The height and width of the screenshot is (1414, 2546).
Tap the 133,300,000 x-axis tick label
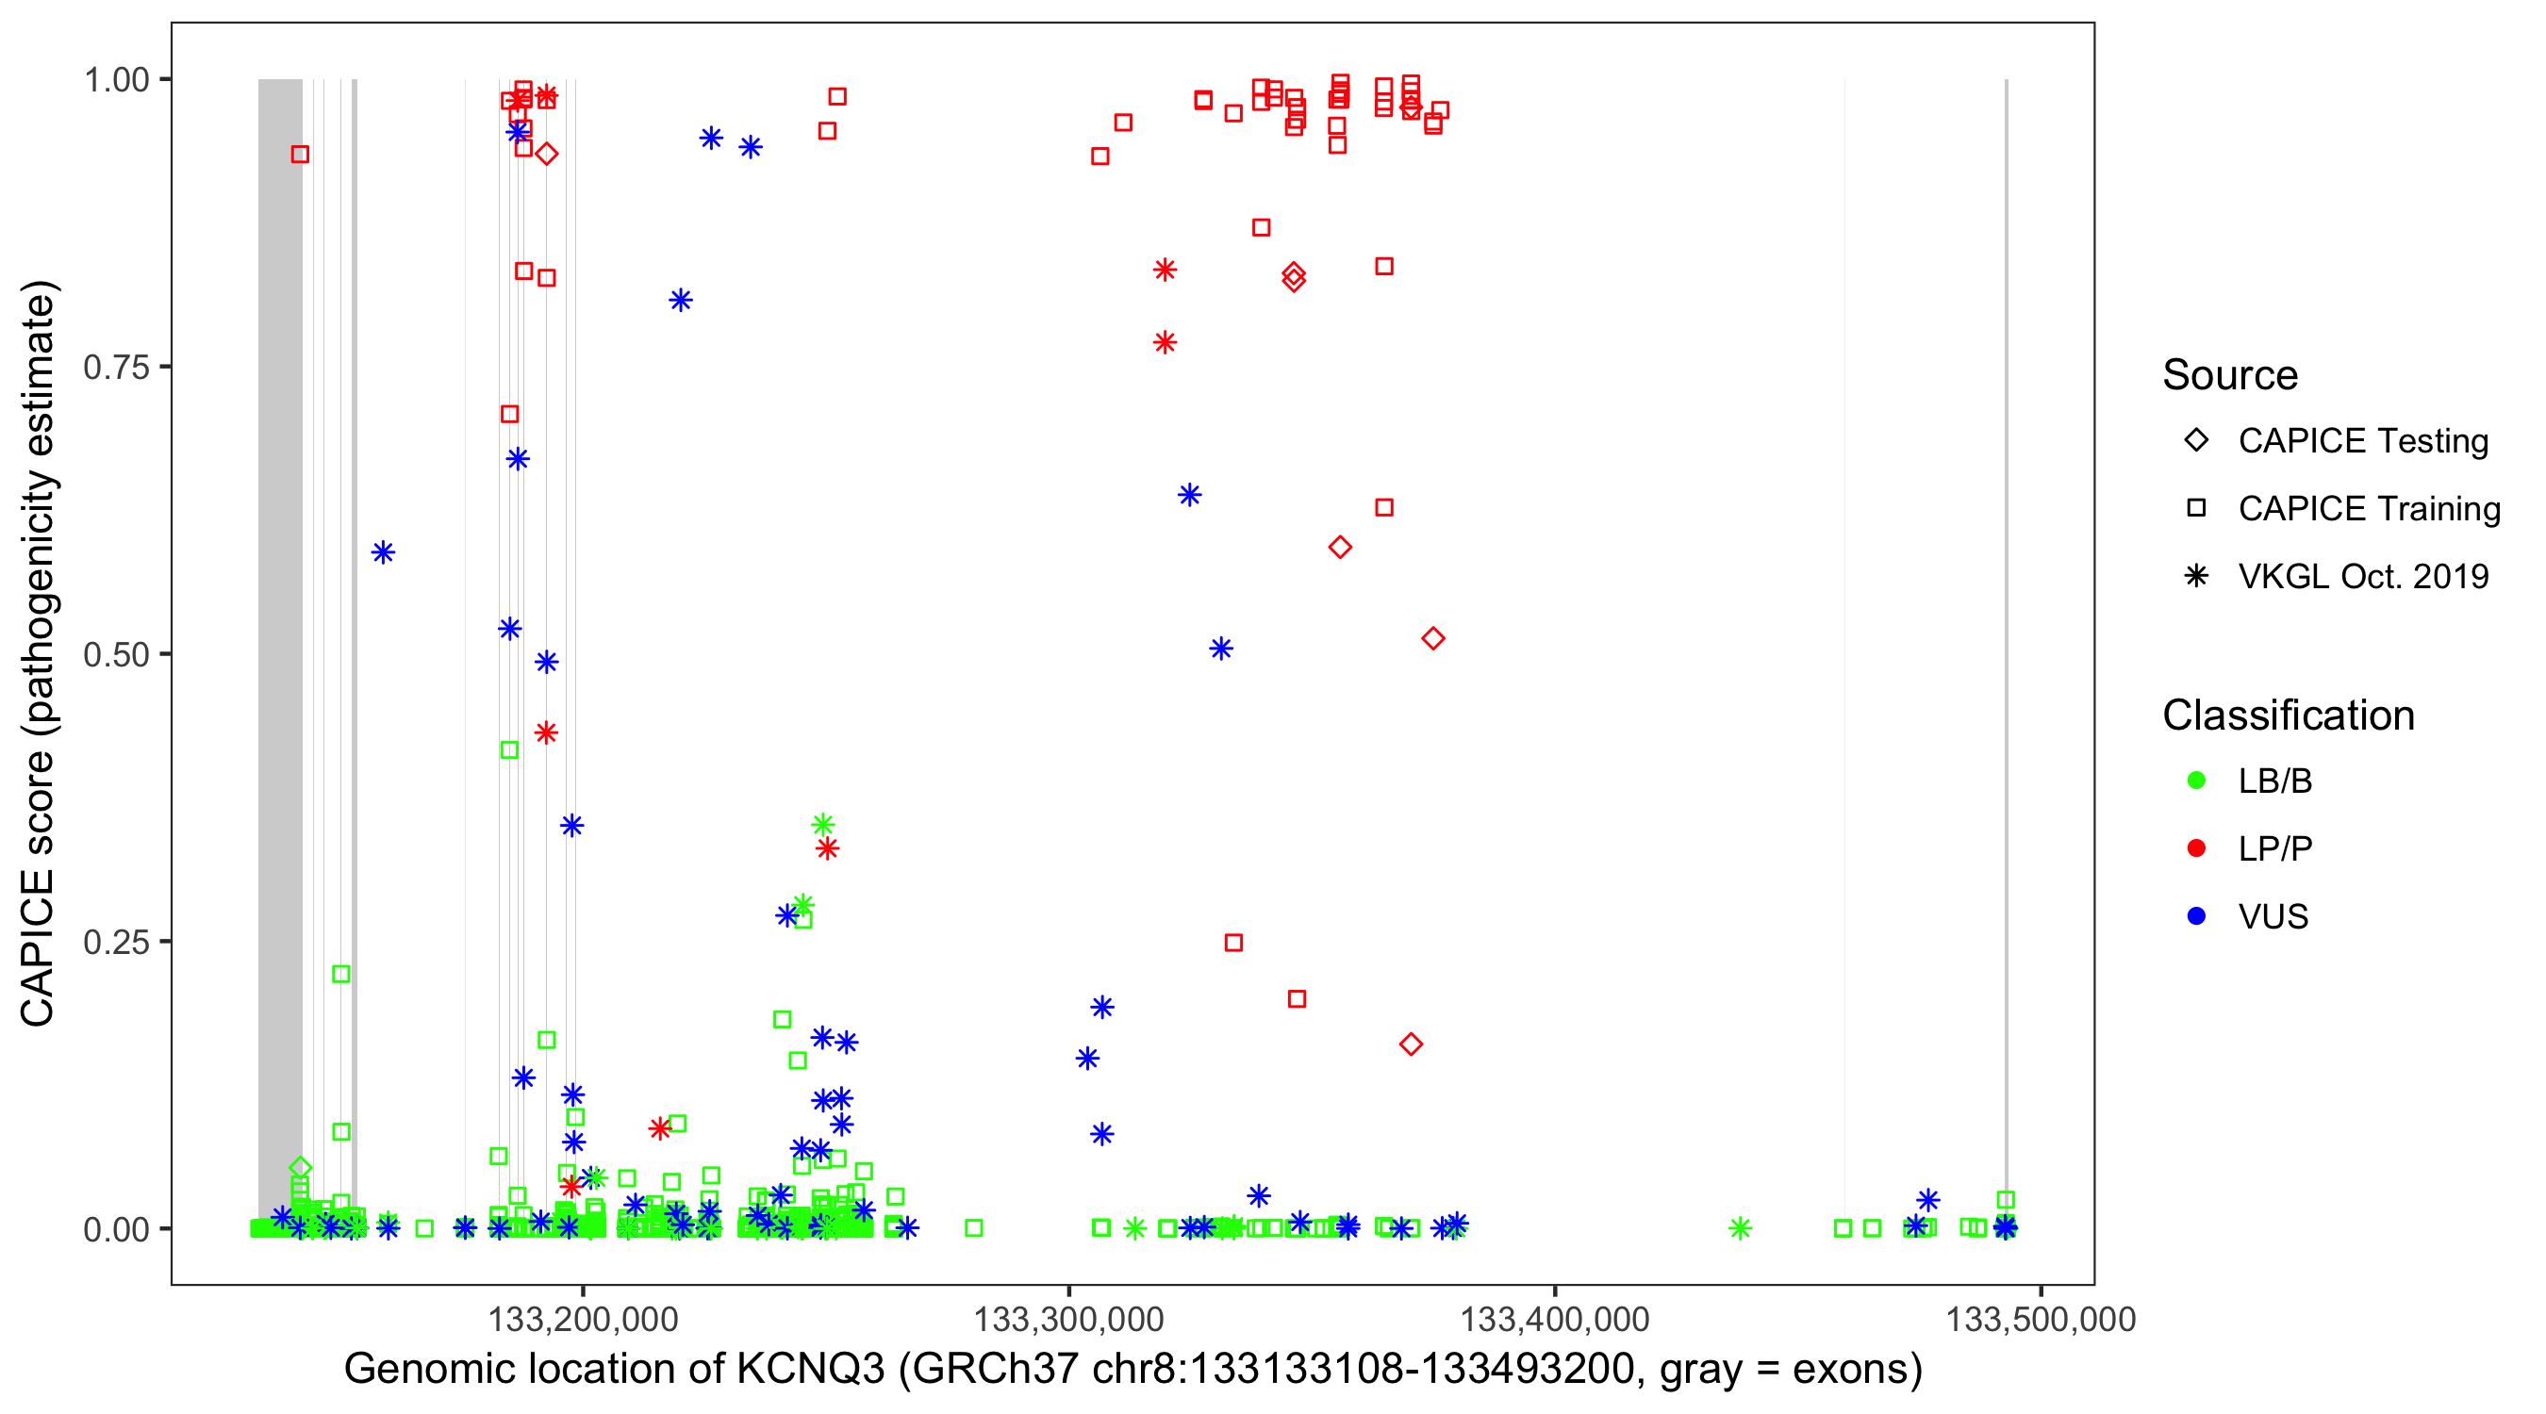[x=1068, y=1319]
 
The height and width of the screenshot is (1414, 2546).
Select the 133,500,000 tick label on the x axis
[x=2040, y=1319]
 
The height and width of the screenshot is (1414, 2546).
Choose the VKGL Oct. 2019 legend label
[x=2362, y=577]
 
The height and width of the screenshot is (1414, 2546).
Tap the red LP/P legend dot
[x=2196, y=848]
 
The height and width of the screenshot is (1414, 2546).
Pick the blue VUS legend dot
[x=2196, y=917]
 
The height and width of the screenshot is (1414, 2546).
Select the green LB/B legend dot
[x=2196, y=781]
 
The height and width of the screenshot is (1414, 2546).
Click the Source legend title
[x=2230, y=375]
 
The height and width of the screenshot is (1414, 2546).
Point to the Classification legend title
[x=2287, y=715]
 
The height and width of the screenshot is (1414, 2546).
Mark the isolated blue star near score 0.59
[x=384, y=552]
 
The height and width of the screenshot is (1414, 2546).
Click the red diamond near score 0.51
[x=1433, y=639]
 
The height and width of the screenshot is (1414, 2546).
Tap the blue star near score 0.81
[x=680, y=301]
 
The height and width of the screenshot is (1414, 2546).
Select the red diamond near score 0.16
[x=1411, y=1044]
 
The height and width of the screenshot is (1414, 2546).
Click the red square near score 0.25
[x=1233, y=943]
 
